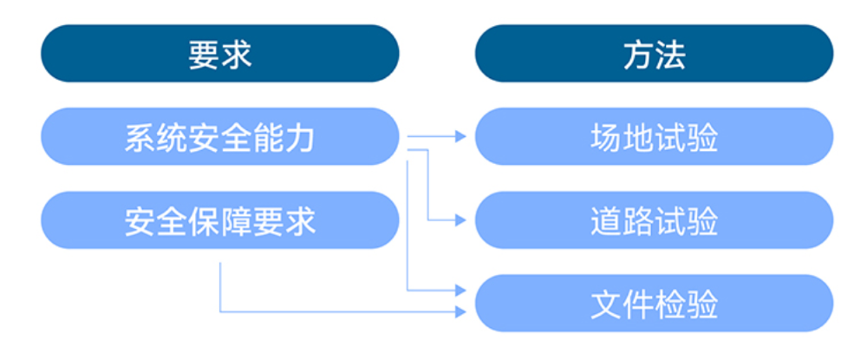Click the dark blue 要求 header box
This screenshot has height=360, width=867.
tap(219, 53)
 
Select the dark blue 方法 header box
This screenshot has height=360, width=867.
tap(654, 53)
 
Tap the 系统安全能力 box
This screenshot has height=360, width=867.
tap(219, 137)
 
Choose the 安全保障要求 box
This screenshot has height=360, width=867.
tap(219, 221)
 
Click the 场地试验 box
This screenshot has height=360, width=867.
tap(654, 137)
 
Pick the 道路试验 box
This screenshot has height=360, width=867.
tap(654, 221)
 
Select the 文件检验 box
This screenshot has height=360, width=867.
tap(654, 304)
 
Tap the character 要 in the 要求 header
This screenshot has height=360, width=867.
tap(204, 54)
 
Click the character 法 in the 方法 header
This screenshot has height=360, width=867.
tap(670, 54)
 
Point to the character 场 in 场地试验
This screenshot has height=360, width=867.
tap(605, 138)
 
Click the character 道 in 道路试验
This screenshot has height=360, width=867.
tap(605, 222)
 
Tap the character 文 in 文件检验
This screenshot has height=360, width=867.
tap(605, 305)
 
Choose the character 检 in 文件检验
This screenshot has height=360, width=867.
tap(670, 305)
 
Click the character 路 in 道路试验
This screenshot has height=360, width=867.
tap(637, 222)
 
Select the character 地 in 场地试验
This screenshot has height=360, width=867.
tap(637, 138)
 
